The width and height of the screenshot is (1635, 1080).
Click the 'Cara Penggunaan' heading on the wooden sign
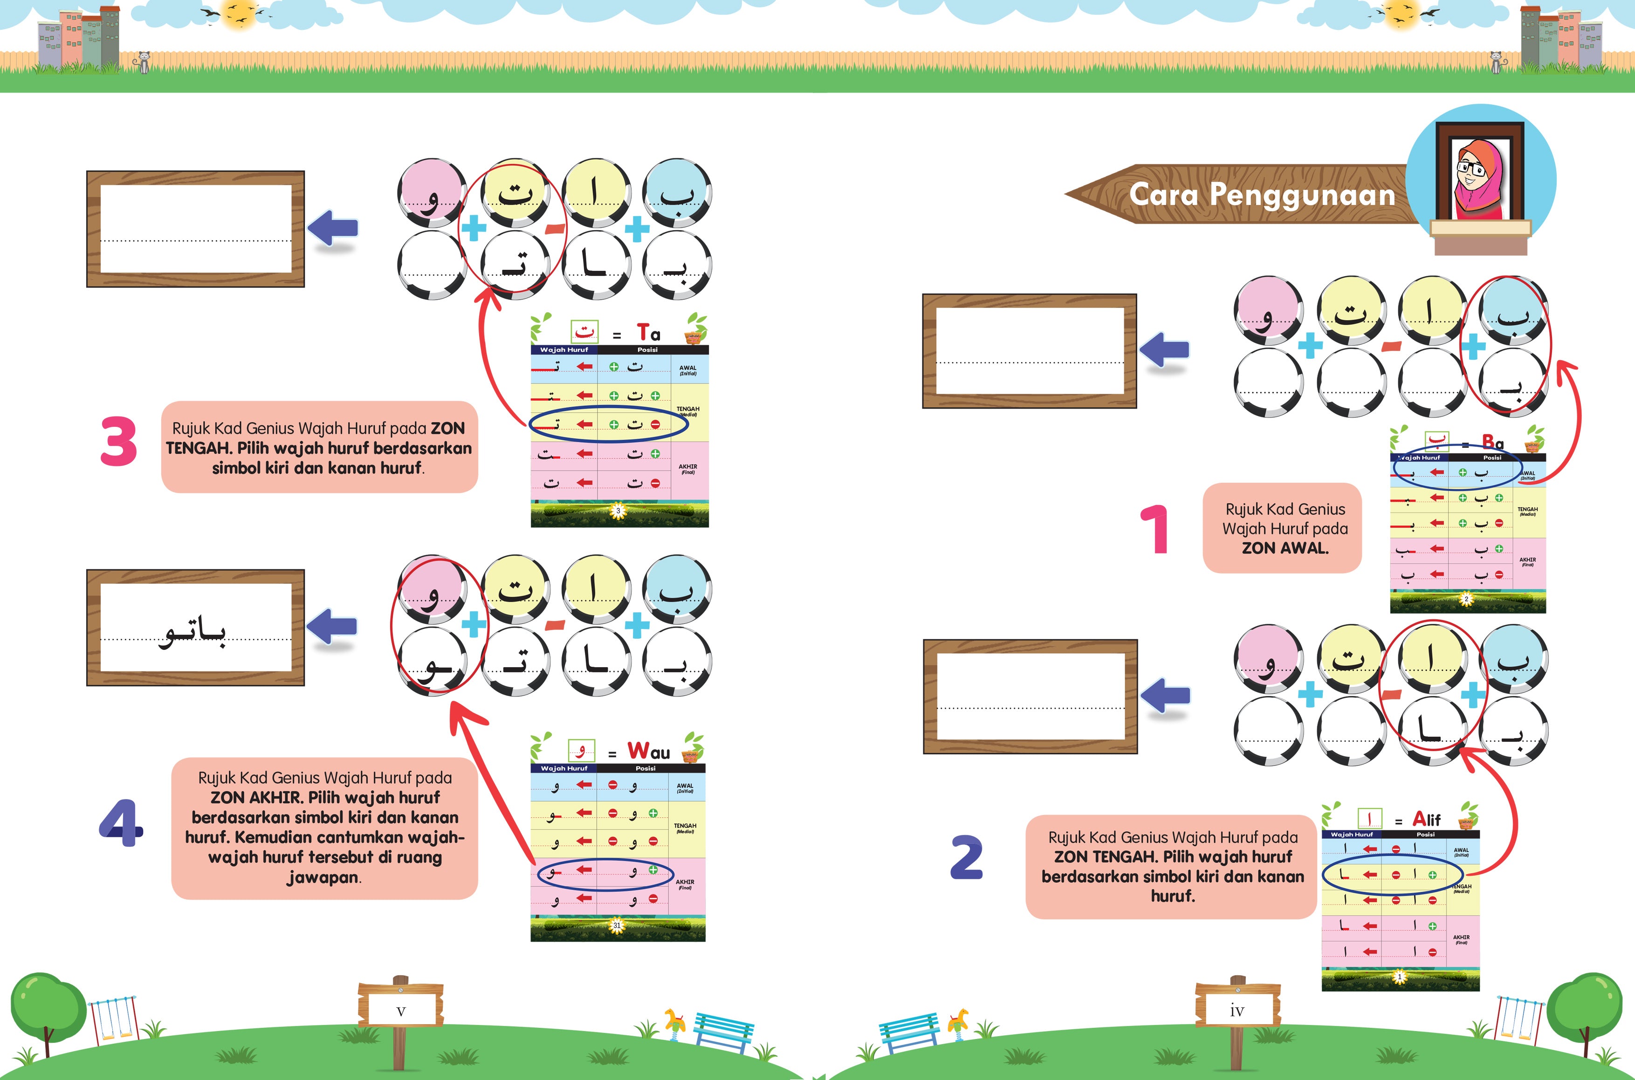click(x=1262, y=195)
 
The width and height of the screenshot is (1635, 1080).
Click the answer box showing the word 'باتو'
click(x=195, y=628)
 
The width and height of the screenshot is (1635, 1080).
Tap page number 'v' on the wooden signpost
click(x=401, y=1011)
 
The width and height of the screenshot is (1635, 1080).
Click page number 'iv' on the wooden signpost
click(x=1237, y=1011)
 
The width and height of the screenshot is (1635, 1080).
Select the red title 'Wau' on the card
click(x=648, y=750)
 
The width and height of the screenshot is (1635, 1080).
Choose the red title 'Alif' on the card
click(x=1426, y=819)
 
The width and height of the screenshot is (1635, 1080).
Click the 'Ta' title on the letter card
click(x=648, y=334)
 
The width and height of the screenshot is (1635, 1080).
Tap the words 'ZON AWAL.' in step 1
click(x=1285, y=548)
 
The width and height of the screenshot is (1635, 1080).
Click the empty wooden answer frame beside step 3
click(x=195, y=229)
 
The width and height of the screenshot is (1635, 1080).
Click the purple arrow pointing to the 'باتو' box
click(x=332, y=627)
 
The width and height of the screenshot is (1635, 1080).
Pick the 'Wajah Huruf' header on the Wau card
click(x=563, y=768)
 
